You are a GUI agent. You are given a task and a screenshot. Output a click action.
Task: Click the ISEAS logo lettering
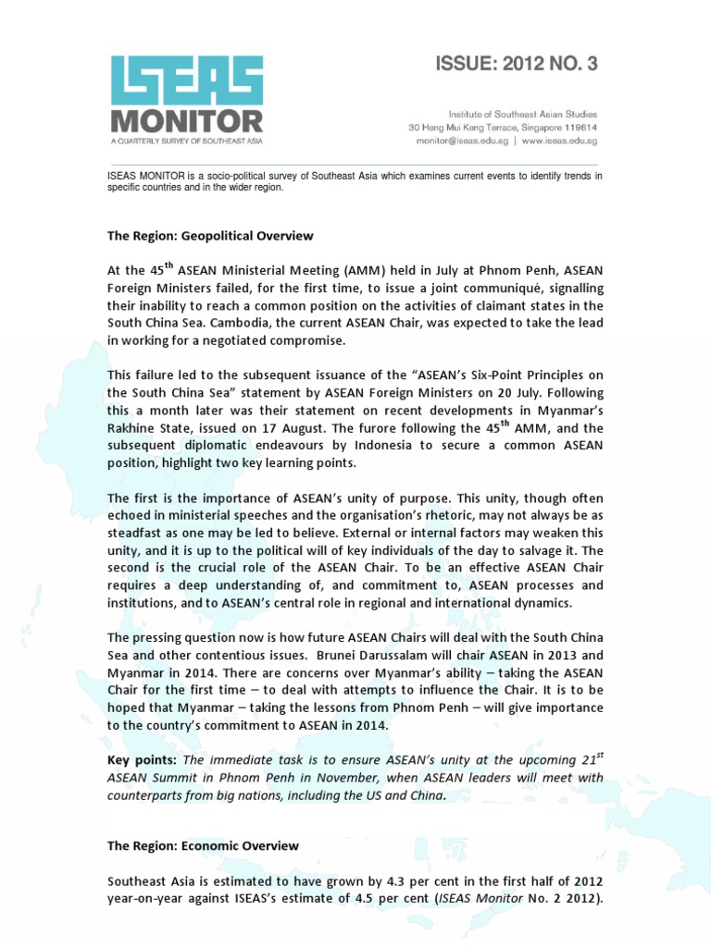[x=186, y=80]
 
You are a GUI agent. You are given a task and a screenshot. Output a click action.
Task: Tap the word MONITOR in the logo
[x=186, y=121]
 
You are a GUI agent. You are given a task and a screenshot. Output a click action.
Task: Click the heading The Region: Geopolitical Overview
[x=210, y=236]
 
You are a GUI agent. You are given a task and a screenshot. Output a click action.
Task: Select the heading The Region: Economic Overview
[x=203, y=845]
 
